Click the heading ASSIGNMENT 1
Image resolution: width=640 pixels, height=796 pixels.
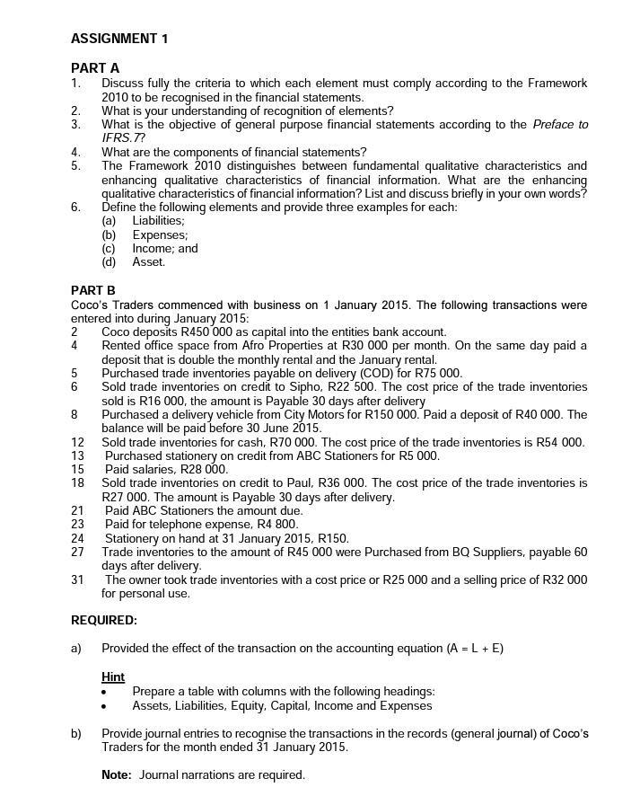(118, 39)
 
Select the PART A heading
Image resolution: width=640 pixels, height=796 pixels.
(95, 68)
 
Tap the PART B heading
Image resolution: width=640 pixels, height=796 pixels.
(93, 290)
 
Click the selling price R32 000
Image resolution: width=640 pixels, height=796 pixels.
(563, 580)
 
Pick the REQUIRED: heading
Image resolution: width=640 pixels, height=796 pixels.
(104, 621)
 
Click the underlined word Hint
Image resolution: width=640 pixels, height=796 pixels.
(113, 677)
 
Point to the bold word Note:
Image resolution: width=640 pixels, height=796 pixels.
(117, 775)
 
